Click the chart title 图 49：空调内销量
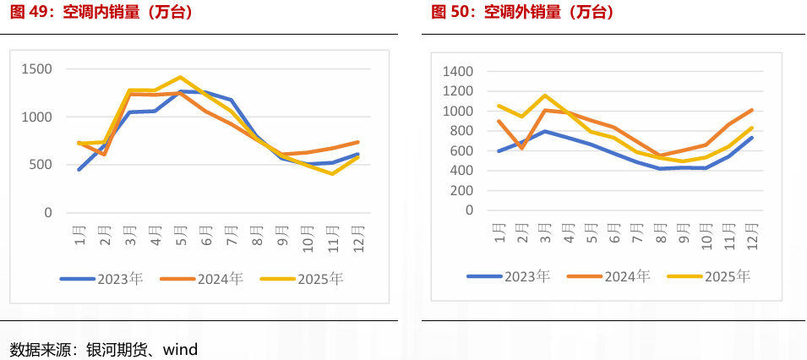[101, 13]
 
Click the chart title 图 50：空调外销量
[522, 13]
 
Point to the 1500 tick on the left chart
[36, 69]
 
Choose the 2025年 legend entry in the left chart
[303, 278]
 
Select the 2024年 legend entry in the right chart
[609, 275]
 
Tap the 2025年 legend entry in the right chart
[710, 275]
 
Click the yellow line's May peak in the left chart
[181, 77]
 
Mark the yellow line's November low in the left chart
[333, 173]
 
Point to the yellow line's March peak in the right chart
[544, 95]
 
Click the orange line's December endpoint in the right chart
[751, 110]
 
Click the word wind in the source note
[180, 348]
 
